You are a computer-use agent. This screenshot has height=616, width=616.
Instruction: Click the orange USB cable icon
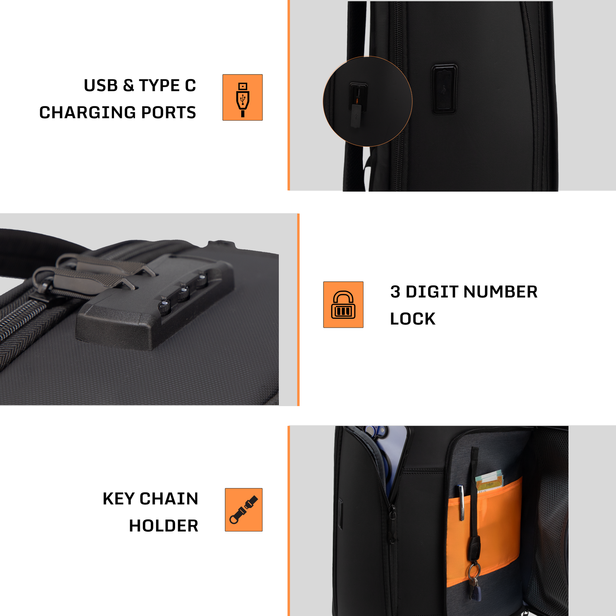[242, 97]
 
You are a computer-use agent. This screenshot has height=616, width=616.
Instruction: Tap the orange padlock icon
[343, 305]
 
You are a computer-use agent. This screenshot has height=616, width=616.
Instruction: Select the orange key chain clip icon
[244, 510]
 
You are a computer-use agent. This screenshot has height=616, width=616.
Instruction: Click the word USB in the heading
[101, 85]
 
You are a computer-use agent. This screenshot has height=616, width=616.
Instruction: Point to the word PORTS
[168, 113]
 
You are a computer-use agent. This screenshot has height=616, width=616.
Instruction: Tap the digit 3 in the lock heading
[395, 292]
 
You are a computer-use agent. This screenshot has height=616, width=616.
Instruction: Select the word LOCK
[412, 319]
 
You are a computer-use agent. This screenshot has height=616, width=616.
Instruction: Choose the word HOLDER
[164, 526]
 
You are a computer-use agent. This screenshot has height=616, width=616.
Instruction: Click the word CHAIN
[169, 499]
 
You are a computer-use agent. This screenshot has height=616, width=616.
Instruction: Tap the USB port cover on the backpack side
[444, 89]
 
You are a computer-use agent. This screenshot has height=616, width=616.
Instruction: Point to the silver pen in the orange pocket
[461, 503]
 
